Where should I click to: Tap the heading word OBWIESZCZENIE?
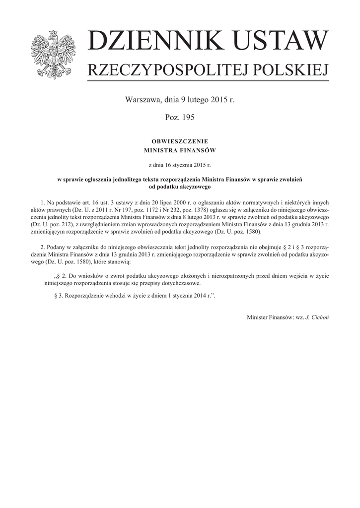click(180, 142)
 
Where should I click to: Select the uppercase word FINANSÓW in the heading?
click(198, 150)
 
